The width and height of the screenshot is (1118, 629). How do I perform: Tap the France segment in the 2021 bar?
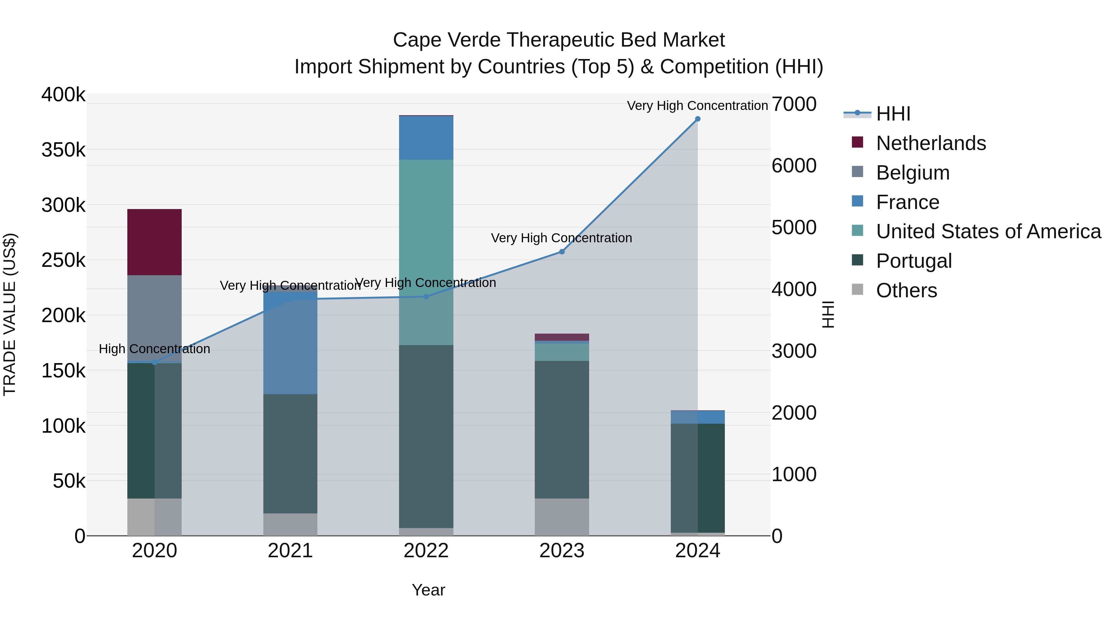coord(290,343)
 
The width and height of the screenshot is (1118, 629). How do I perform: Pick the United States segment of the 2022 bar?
coord(426,252)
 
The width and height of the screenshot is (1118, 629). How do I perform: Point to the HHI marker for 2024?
coord(698,119)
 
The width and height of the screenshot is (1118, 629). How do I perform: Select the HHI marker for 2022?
coord(426,297)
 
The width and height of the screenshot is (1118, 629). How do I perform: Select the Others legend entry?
coord(906,290)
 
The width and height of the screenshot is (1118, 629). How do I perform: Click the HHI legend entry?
coord(893,114)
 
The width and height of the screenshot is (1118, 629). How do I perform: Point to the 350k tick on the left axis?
coord(63,150)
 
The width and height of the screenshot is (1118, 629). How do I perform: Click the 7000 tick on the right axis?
coord(794,104)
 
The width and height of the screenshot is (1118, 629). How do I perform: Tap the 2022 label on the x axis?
coord(426,551)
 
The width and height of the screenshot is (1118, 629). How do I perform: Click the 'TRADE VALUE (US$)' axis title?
coord(10,314)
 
